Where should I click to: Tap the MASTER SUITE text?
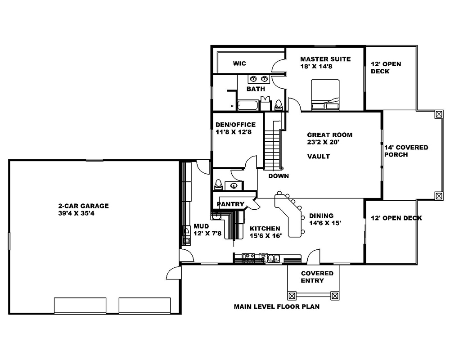(325, 59)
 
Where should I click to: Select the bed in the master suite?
(325, 94)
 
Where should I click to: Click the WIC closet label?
(239, 63)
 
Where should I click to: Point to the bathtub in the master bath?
(247, 106)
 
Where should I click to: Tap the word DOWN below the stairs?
(279, 176)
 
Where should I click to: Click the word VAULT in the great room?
(319, 157)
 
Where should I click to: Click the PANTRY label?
(230, 204)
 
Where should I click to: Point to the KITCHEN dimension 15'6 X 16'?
(265, 236)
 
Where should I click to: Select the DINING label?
(321, 216)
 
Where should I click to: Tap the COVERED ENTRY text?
(317, 277)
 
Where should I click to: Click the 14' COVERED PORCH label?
(406, 151)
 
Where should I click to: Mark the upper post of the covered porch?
(438, 114)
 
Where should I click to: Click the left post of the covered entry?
(292, 296)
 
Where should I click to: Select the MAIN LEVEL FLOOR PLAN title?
(276, 308)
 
